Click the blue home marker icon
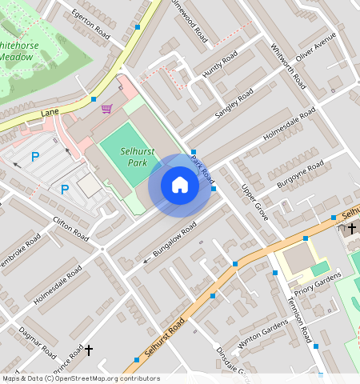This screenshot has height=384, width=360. click(180, 185)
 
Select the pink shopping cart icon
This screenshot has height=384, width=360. click(106, 108)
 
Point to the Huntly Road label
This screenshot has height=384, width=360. click(220, 63)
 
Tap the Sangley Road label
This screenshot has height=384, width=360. click(233, 104)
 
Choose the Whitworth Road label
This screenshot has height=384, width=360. click(287, 65)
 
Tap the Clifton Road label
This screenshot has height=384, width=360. click(70, 229)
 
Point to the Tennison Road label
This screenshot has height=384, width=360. click(299, 320)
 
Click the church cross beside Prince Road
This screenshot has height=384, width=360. click(89, 350)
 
